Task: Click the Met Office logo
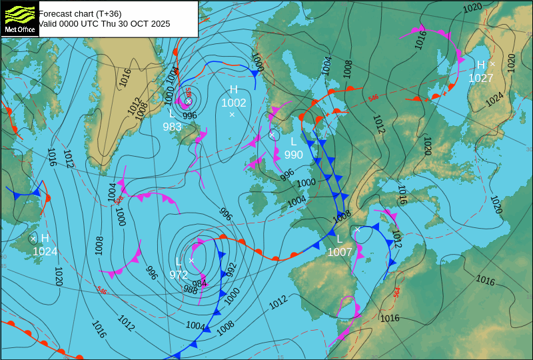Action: point(19,19)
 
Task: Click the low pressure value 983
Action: point(172,127)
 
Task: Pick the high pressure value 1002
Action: point(234,103)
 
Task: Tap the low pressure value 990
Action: point(293,155)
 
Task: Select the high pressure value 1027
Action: point(480,78)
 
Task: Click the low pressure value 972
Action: point(179,274)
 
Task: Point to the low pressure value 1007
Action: point(339,252)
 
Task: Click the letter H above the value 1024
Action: point(45,238)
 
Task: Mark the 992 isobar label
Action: point(231,269)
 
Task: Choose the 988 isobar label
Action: point(191,290)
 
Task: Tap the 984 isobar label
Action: point(199,284)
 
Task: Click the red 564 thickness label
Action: point(396,292)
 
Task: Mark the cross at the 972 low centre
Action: point(191,261)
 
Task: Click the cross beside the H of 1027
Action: point(492,64)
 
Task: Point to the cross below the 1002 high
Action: point(232,115)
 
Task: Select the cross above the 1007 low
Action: point(357,229)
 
